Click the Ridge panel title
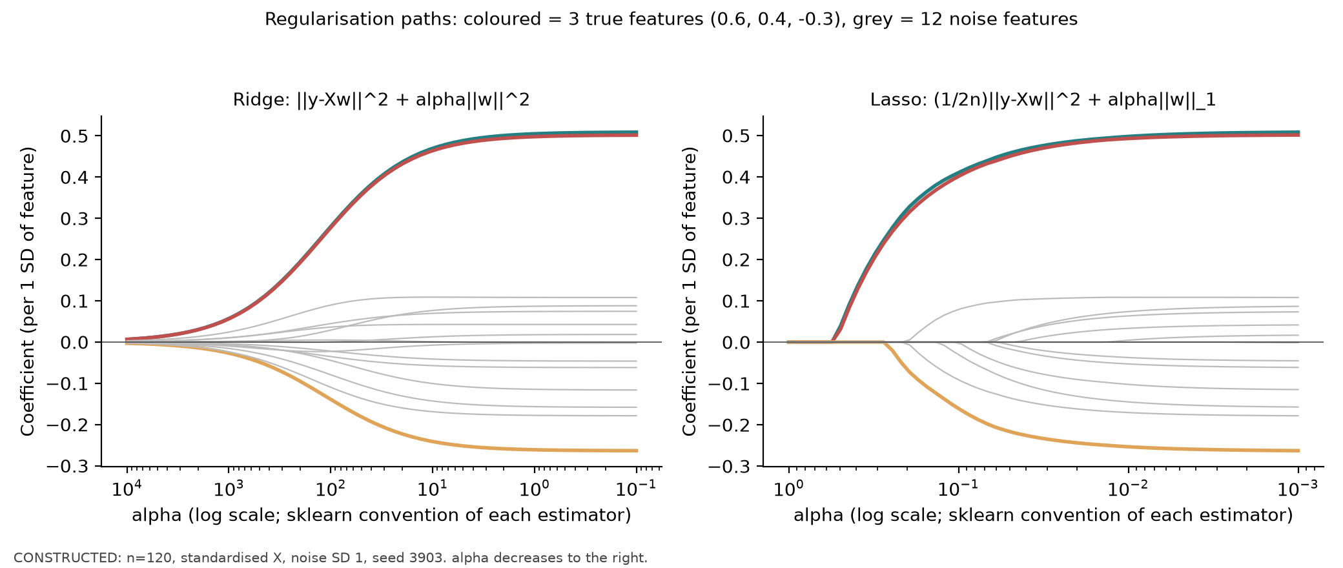381,100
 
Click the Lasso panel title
1043,100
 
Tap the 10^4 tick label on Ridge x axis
127,489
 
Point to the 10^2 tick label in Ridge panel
331,489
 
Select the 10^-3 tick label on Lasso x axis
1298,489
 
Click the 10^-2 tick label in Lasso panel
1128,489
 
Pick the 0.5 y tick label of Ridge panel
74,136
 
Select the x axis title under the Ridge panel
382,515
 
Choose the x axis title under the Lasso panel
1043,515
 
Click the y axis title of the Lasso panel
690,291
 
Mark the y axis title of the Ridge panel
28,291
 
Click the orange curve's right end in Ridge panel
637,451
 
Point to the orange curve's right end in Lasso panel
1298,451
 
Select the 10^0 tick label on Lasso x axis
788,489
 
